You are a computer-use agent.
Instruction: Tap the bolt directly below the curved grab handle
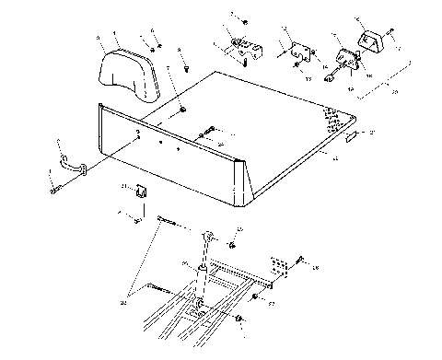55,191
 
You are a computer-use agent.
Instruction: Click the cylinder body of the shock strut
201,276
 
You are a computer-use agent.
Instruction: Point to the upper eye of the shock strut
211,238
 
